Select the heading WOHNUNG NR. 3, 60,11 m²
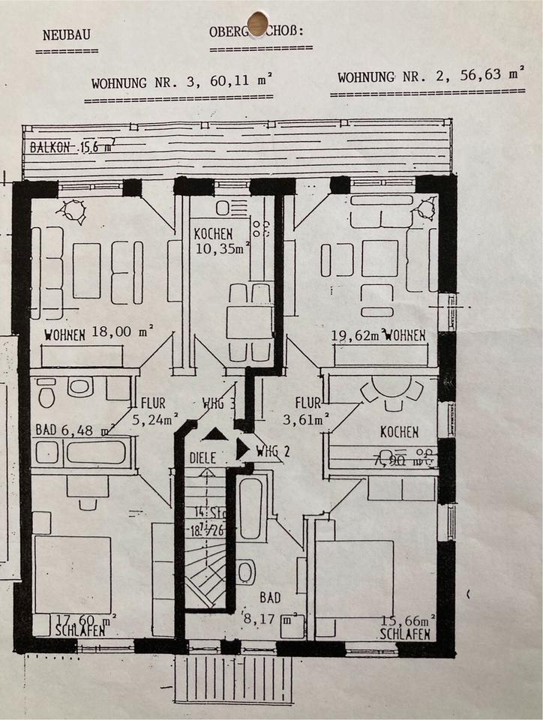click(181, 82)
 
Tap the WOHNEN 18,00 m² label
click(98, 334)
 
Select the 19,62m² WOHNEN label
click(379, 334)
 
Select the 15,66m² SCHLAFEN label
click(406, 626)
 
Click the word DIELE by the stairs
click(202, 455)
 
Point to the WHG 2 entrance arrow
click(242, 448)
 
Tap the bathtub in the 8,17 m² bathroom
click(251, 508)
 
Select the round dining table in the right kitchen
click(393, 388)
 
